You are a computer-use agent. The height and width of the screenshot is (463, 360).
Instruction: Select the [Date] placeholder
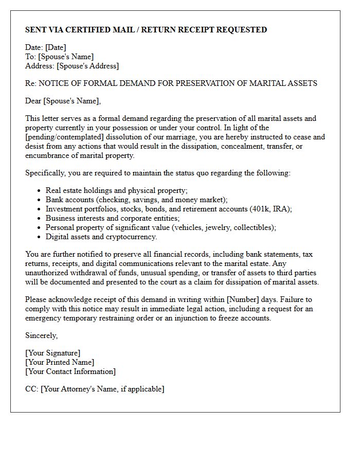point(56,48)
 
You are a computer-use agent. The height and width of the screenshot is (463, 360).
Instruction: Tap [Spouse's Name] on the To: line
point(66,57)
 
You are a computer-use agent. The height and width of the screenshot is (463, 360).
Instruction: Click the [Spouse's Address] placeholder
point(87,66)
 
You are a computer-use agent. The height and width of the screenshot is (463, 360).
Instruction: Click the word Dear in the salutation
point(33,101)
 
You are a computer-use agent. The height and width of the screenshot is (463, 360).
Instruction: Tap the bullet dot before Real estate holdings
point(40,191)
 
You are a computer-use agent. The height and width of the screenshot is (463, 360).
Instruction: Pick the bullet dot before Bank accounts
point(40,200)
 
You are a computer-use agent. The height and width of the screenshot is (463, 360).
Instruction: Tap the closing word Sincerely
point(41,335)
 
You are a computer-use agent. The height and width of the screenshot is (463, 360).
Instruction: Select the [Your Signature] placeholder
point(53,353)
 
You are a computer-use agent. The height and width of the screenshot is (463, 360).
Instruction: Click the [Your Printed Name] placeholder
point(60,362)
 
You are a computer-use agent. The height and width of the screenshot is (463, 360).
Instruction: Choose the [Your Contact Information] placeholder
point(70,371)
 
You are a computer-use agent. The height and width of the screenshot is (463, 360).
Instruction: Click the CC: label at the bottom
point(32,389)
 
